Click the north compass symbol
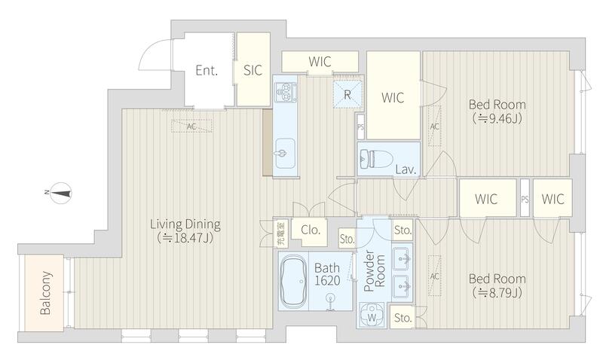pyautogui.click(x=59, y=193)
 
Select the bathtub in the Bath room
pyautogui.click(x=293, y=281)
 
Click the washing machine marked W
pyautogui.click(x=372, y=314)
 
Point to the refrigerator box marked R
pyautogui.click(x=347, y=94)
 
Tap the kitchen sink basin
pyautogui.click(x=286, y=154)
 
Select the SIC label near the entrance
pyautogui.click(x=253, y=70)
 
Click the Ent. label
pyautogui.click(x=207, y=70)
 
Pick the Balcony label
pyautogui.click(x=45, y=293)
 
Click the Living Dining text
pyautogui.click(x=185, y=224)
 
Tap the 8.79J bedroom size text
pyautogui.click(x=497, y=293)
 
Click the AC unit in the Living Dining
pyautogui.click(x=191, y=126)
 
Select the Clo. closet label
pyautogui.click(x=311, y=230)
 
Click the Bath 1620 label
pyautogui.click(x=327, y=274)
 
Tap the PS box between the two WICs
pyautogui.click(x=525, y=198)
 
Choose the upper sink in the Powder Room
pyautogui.click(x=403, y=258)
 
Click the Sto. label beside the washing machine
pyautogui.click(x=403, y=318)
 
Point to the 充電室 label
pyautogui.click(x=281, y=233)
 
